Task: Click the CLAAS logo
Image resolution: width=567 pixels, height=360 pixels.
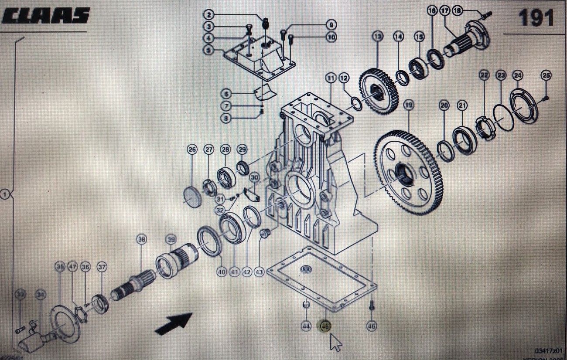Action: point(46,16)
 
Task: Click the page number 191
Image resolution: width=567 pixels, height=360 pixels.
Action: point(536,18)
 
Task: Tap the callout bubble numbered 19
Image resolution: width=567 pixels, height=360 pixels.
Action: point(409,105)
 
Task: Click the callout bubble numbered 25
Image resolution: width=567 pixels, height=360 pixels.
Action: point(546,75)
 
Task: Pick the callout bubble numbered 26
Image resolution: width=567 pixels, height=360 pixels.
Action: point(192,149)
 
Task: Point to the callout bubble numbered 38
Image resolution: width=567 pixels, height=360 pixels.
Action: point(141,239)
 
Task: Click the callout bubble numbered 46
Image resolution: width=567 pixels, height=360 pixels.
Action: point(372,326)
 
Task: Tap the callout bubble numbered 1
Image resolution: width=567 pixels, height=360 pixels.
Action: point(5,194)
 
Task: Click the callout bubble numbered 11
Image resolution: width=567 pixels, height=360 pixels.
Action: point(331,78)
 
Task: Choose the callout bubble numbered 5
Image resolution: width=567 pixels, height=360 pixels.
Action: point(209,51)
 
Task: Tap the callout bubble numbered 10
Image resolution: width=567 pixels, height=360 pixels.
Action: point(331,37)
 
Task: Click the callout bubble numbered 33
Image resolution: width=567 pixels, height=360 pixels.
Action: point(20,295)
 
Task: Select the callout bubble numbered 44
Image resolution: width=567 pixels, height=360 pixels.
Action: point(306,326)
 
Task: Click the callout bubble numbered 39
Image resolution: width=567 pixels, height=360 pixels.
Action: point(171,239)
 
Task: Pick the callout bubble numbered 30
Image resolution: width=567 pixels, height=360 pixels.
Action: point(255,177)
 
